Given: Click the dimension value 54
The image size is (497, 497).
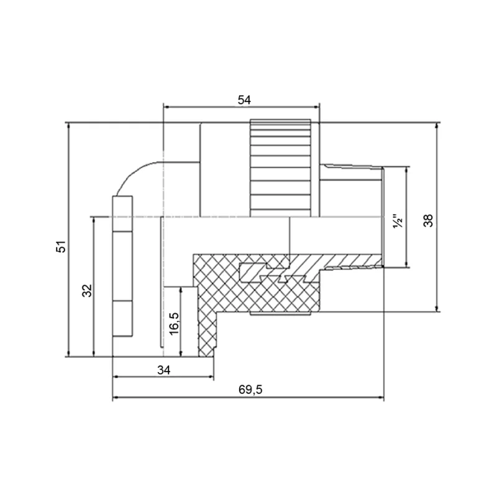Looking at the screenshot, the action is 244,100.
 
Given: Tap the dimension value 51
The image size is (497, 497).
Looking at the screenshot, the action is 61,246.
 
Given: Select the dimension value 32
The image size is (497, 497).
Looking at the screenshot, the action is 87,290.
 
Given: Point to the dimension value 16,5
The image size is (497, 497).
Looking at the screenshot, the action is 174,324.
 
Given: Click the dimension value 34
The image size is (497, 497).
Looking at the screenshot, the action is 164,370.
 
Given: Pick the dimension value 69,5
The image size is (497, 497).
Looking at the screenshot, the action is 250,390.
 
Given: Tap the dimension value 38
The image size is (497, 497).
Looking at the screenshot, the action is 428,221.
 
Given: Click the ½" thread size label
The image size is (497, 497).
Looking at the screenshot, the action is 398,222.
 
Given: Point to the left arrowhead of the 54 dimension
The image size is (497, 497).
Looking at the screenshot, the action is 166,107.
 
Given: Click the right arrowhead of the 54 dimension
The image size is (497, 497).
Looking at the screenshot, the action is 317,107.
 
